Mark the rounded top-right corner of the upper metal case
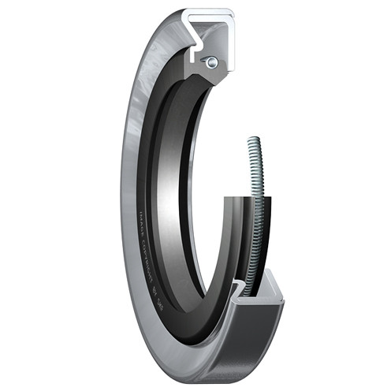tap(229, 13)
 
